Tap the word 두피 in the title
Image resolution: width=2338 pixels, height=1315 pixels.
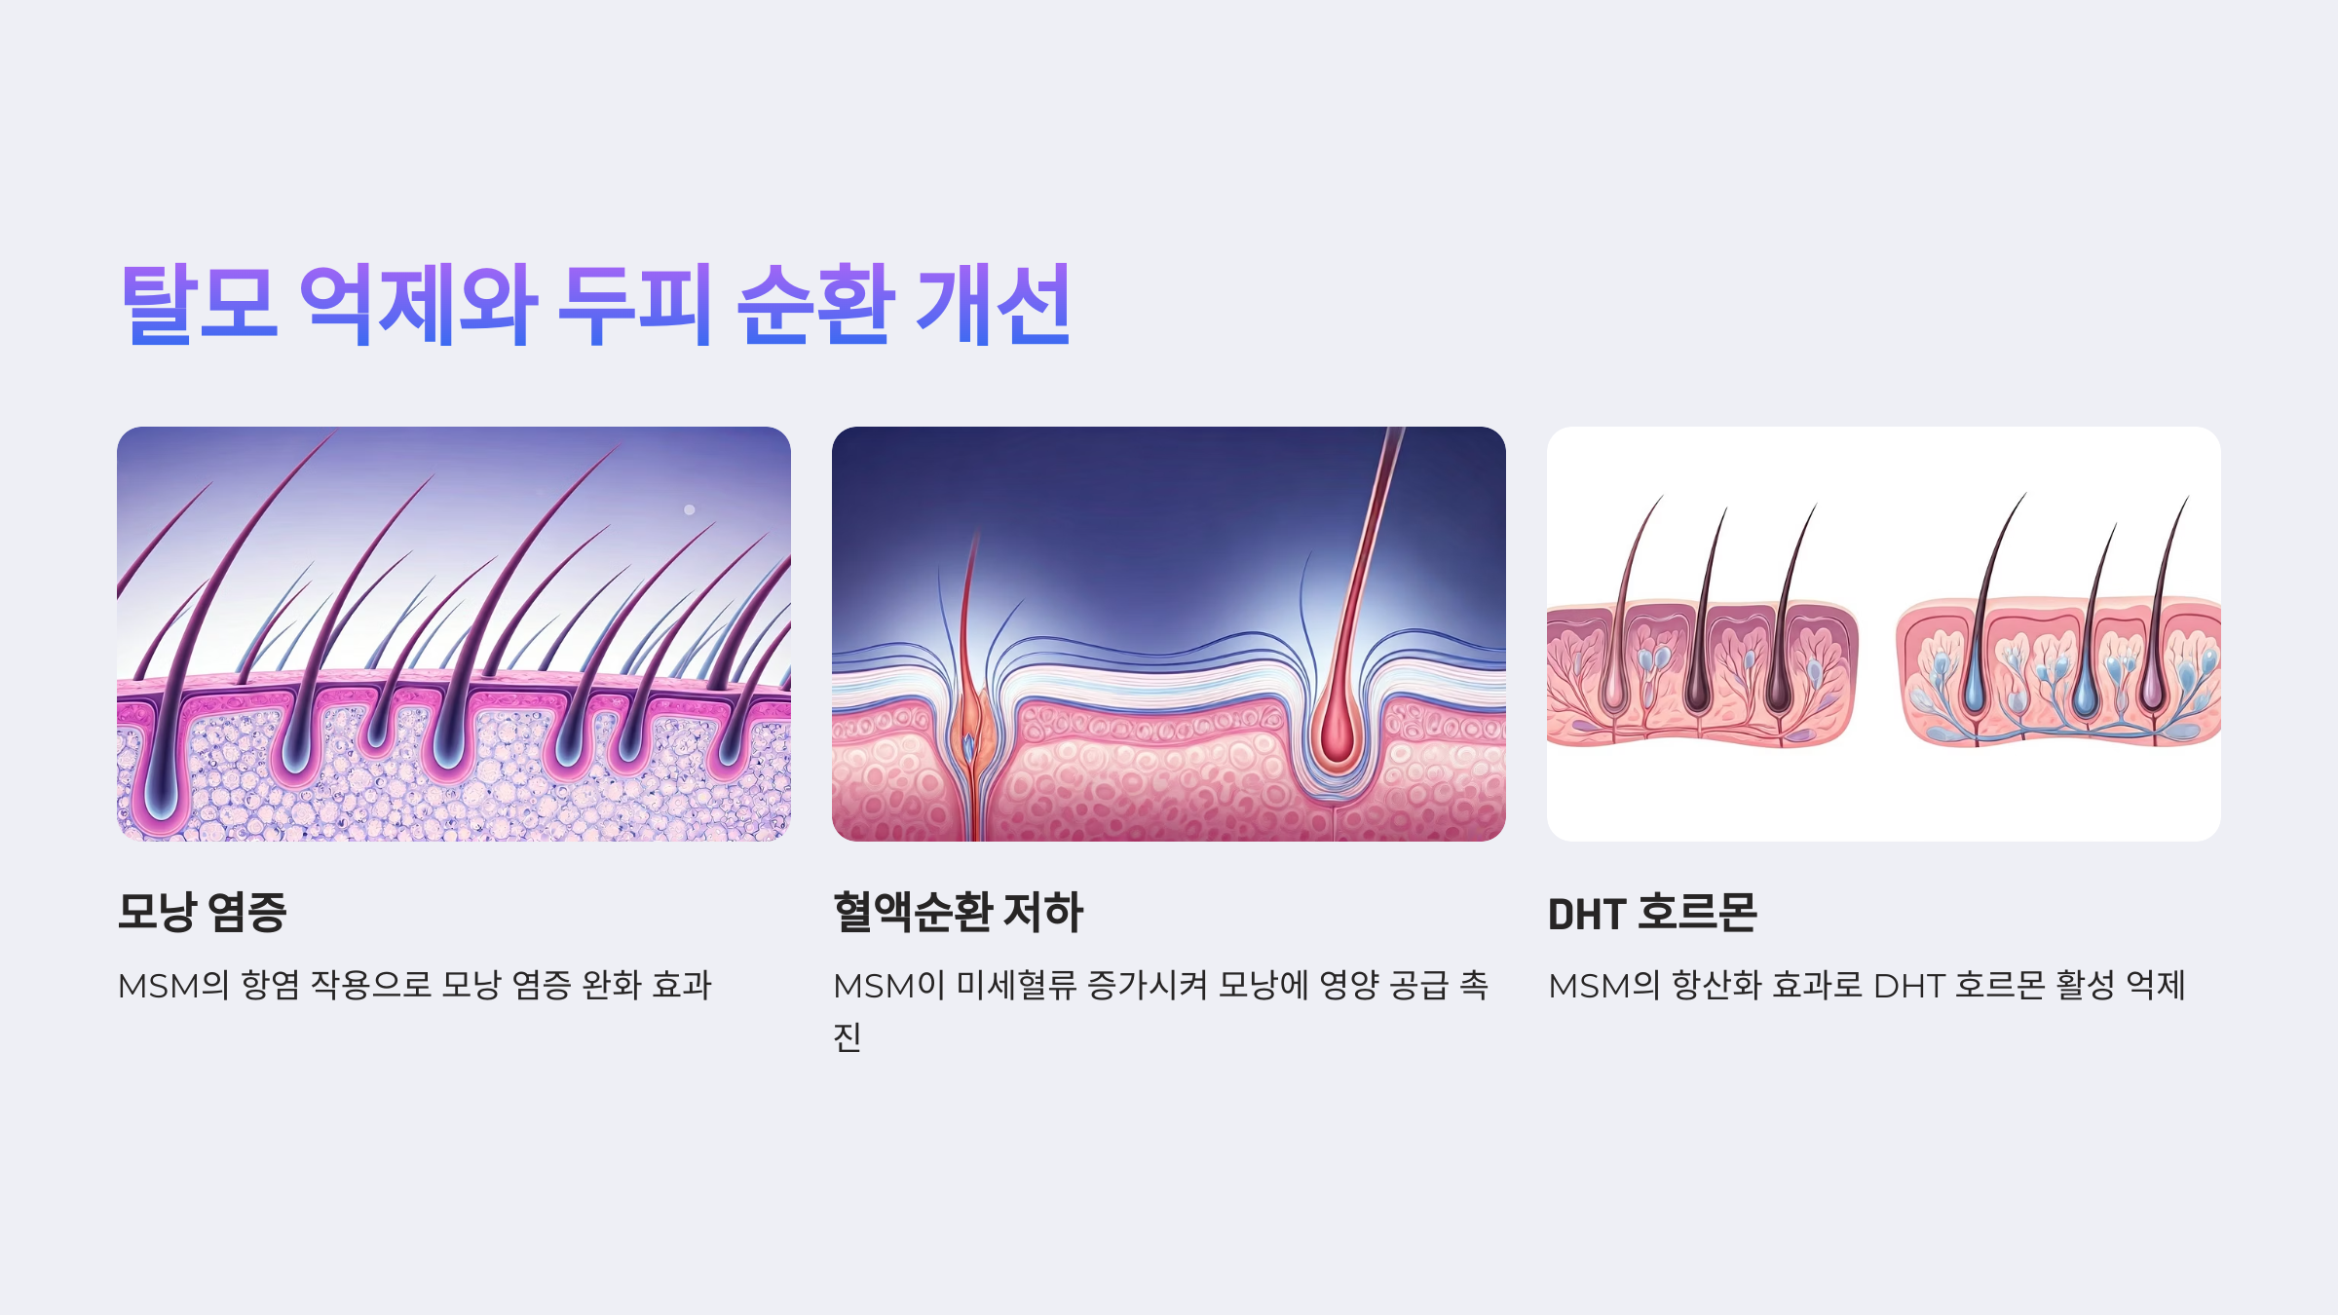coord(634,304)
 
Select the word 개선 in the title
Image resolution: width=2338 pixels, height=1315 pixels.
coord(994,304)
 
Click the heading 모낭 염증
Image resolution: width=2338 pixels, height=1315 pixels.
coord(202,913)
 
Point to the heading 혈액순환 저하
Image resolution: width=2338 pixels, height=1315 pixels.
coord(958,913)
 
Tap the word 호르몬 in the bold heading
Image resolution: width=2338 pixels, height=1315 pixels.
coord(1697,913)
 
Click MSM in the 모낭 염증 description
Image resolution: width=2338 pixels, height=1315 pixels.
coord(159,986)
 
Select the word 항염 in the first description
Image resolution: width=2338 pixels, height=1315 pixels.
coord(271,985)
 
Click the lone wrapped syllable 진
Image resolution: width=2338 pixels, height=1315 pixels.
coord(847,1036)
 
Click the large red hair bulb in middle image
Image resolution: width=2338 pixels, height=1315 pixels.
coord(1335,734)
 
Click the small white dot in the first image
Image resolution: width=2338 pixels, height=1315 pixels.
coord(690,509)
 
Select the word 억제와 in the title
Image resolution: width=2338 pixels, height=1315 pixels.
coord(417,304)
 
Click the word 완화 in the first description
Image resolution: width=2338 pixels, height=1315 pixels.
coord(611,985)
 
